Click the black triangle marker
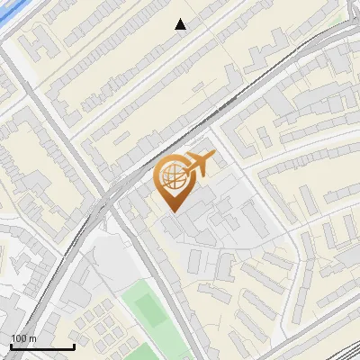(x=181, y=24)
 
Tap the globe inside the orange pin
(x=173, y=178)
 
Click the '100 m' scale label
(x=23, y=338)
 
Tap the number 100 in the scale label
(x=19, y=338)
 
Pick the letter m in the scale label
(x=32, y=338)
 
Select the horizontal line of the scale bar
(x=42, y=346)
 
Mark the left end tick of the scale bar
(x=11, y=345)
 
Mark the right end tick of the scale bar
(x=74, y=345)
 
